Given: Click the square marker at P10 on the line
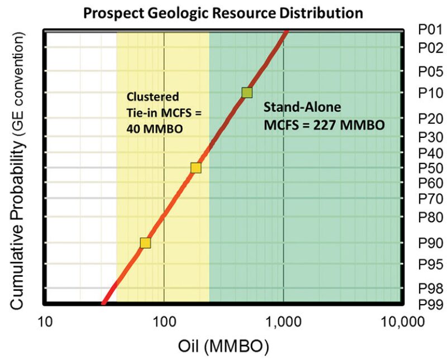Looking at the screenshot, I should [x=247, y=92].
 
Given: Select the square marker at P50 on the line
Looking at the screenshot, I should [x=196, y=167].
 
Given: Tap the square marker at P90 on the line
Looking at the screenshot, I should [x=145, y=243].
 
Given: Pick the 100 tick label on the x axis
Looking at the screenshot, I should [x=164, y=322].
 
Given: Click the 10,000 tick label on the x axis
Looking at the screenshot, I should [x=401, y=322].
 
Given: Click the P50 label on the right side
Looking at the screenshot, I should [x=430, y=167].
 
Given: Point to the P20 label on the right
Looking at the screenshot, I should [x=430, y=118].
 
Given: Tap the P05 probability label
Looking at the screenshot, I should [x=430, y=71].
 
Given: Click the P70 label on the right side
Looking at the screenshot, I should [x=430, y=198].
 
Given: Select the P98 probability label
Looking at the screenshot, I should [x=430, y=288].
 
